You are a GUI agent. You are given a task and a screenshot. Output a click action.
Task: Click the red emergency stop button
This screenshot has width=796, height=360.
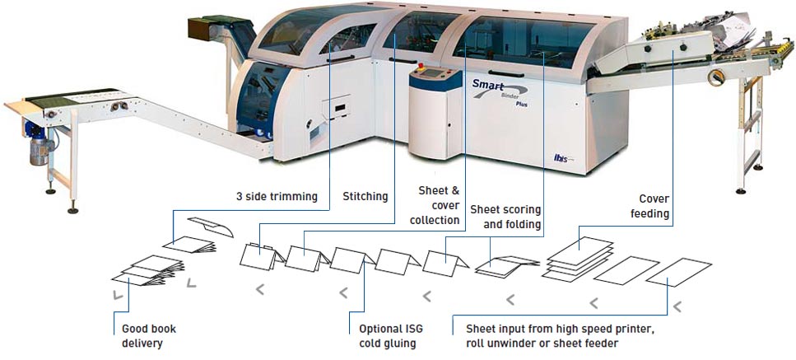421,67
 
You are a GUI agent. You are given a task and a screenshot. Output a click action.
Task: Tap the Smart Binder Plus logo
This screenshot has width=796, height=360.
500,91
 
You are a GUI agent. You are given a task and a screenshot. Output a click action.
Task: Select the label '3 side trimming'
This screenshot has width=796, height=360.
277,197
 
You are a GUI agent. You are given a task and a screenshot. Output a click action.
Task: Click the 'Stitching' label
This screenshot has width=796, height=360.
365,196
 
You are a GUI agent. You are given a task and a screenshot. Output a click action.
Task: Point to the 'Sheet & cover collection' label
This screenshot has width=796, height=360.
439,205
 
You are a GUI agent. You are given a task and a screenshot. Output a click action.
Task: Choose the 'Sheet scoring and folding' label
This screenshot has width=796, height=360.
505,217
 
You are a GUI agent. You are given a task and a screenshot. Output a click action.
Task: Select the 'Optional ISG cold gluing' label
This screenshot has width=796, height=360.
390,335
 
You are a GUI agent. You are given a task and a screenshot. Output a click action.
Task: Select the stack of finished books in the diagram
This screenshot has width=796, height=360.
147,271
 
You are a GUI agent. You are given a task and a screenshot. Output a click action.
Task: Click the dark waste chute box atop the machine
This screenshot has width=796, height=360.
210,27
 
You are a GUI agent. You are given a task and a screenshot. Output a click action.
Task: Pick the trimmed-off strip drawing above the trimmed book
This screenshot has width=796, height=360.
211,227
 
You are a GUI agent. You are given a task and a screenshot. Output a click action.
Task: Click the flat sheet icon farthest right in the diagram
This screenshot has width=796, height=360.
679,272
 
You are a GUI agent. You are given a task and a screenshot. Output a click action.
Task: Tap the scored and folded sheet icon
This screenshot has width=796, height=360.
507,267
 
